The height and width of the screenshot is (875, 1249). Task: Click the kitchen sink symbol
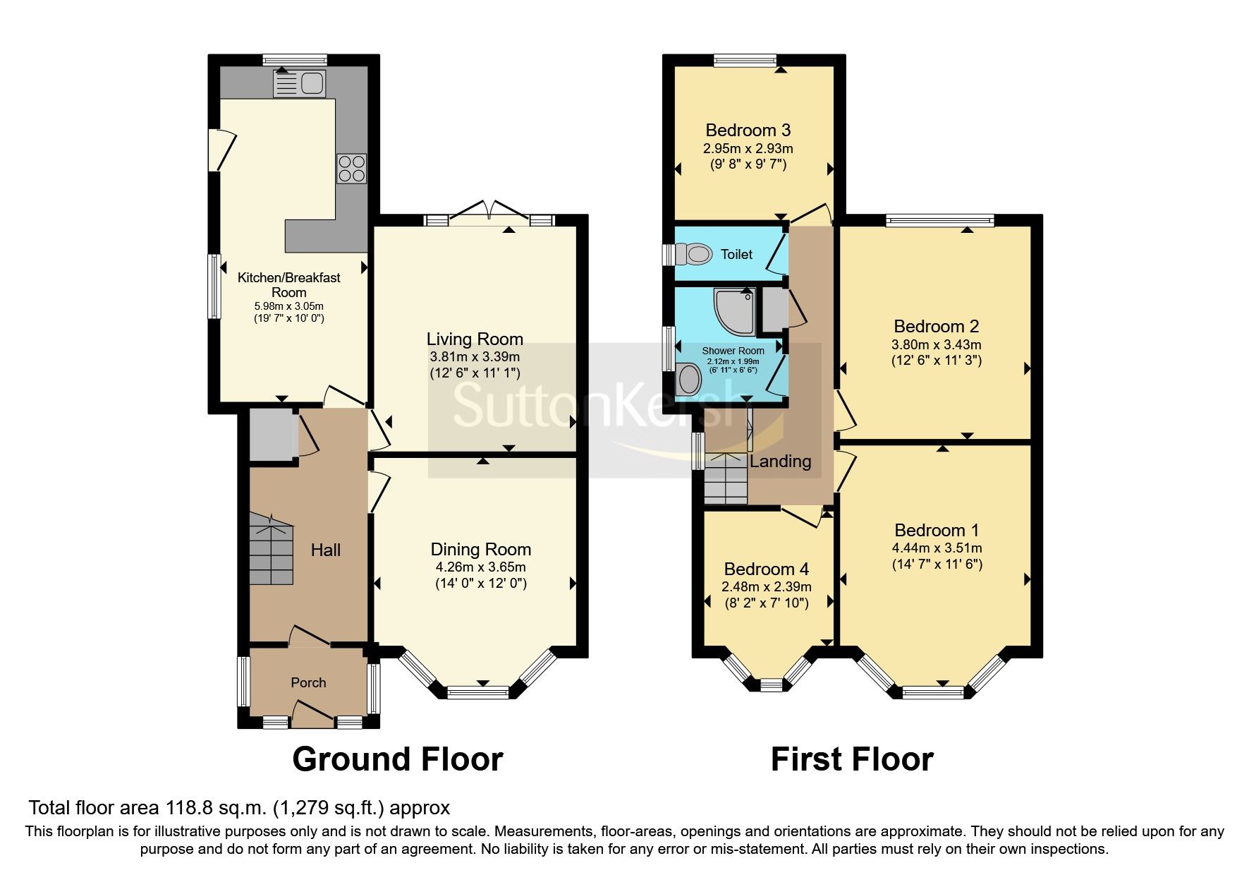[299, 83]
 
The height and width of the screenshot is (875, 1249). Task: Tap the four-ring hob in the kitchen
[351, 168]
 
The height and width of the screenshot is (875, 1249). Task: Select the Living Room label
[475, 339]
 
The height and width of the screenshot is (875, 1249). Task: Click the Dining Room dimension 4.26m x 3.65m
[480, 567]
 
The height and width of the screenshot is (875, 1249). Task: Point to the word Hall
[326, 550]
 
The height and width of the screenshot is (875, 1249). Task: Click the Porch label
[308, 682]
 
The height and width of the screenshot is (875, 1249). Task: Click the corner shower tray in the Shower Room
[733, 310]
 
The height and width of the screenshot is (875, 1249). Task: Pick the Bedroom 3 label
[748, 131]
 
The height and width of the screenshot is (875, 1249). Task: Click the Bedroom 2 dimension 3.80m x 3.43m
[936, 345]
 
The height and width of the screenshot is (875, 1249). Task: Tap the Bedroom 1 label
[937, 530]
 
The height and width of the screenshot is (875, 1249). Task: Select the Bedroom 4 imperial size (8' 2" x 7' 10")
[766, 603]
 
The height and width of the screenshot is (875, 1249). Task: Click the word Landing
[780, 461]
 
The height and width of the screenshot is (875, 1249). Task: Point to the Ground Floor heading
[397, 759]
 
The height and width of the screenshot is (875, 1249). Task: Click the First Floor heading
[851, 759]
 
